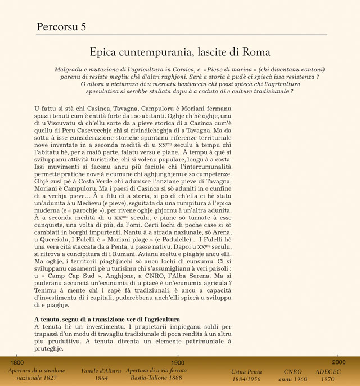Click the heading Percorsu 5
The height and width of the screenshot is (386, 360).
(x=61, y=26)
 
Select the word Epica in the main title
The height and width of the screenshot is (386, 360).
(x=103, y=52)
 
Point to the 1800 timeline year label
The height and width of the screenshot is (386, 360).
(x=17, y=363)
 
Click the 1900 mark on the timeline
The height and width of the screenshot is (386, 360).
(x=177, y=363)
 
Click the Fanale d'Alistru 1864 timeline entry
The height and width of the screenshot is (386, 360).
(x=101, y=375)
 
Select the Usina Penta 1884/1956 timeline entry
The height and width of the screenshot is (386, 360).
(x=246, y=375)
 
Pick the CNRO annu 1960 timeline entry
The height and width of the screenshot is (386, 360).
(x=293, y=375)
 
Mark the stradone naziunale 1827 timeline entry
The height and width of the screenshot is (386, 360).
(x=37, y=375)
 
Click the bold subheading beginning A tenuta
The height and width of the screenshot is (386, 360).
(x=107, y=319)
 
